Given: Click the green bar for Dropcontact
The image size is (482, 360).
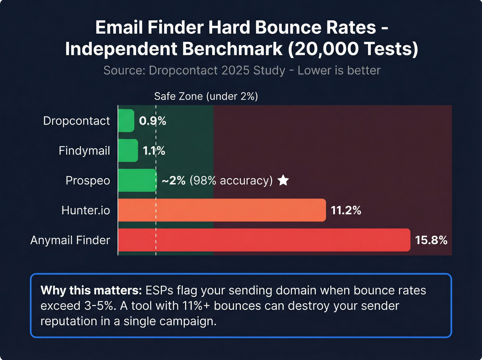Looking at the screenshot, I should tap(126, 121).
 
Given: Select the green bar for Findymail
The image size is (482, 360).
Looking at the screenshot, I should tap(128, 151).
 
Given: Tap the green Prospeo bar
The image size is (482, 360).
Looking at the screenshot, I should tap(137, 180).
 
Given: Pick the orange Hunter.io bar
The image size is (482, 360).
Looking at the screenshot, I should tap(222, 210).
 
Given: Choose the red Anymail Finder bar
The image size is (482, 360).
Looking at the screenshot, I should tap(264, 240).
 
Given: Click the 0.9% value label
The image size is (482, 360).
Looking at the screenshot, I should tap(153, 121).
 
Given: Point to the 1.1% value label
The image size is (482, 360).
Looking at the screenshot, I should tap(154, 151).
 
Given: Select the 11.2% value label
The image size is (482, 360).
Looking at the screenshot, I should tap(346, 210).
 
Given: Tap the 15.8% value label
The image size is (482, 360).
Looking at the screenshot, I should tap(431, 240).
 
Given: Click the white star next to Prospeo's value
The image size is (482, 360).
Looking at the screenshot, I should tap(283, 180).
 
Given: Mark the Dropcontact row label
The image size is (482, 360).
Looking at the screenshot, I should tap(76, 121).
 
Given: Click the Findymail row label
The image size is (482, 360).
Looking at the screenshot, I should tap(84, 151).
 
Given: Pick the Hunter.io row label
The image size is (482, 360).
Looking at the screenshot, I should tap(86, 210).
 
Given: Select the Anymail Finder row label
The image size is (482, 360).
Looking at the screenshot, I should tap(70, 240).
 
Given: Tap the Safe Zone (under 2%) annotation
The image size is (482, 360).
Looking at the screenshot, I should tap(206, 96).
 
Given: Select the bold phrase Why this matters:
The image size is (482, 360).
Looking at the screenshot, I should tap(91, 290).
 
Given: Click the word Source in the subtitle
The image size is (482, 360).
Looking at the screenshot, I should tap(124, 70).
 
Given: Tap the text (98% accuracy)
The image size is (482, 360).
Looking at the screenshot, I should tap(231, 180).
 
